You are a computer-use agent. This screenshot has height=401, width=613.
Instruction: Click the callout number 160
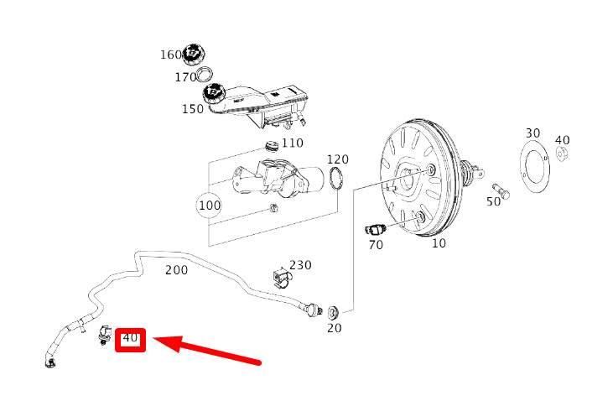click(x=171, y=55)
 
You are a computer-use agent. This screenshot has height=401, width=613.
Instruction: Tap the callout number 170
click(x=185, y=77)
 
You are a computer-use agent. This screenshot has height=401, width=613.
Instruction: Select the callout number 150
click(x=193, y=109)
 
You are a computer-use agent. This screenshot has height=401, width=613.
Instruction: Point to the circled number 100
click(x=210, y=206)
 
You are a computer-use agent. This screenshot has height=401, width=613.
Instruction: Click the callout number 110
click(x=293, y=143)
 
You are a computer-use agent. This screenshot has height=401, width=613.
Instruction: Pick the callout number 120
click(x=338, y=159)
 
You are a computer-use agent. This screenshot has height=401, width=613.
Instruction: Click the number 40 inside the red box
click(x=130, y=337)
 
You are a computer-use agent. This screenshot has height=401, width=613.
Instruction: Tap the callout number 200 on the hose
click(x=176, y=270)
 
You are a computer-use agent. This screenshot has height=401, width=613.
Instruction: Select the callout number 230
click(x=300, y=265)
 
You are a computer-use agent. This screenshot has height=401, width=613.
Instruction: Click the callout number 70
click(x=376, y=245)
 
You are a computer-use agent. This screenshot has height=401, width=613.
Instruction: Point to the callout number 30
click(x=532, y=133)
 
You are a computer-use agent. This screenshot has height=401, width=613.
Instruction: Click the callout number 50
click(x=493, y=201)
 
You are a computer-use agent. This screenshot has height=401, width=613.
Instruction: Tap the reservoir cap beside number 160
click(x=195, y=55)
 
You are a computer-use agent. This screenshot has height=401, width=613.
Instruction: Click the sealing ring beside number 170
click(x=205, y=75)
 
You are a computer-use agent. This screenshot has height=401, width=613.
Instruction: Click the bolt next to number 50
click(x=501, y=191)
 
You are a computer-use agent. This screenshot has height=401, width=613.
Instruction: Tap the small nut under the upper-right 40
click(x=561, y=154)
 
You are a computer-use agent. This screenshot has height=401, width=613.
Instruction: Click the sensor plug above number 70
click(x=376, y=229)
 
